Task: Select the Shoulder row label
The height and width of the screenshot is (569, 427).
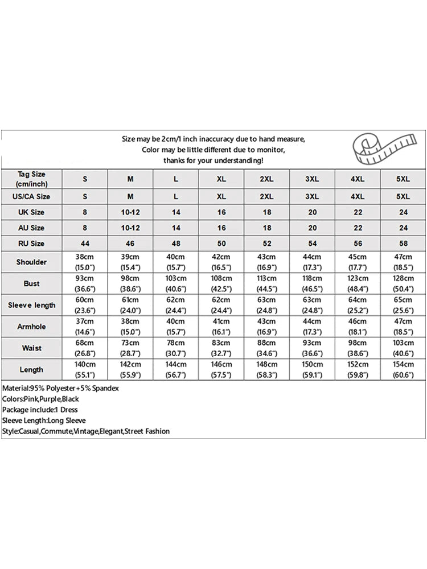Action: point(32,262)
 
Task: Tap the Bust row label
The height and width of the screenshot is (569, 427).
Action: point(32,283)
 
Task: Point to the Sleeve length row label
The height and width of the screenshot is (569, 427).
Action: point(32,305)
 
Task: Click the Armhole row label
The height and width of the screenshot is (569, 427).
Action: point(32,327)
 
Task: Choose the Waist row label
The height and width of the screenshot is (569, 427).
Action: point(32,348)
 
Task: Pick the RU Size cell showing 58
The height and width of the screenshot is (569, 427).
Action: point(403,244)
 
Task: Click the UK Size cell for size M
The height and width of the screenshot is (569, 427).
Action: point(130,212)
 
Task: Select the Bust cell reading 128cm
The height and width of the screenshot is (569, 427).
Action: point(403,283)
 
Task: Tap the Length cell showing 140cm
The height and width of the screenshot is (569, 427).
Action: point(85,369)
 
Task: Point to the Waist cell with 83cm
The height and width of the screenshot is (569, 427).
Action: point(221,348)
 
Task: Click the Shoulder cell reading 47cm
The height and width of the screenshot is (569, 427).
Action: point(403,262)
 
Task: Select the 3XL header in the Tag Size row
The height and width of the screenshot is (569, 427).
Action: point(312,179)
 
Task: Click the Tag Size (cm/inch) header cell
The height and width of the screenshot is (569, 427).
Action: point(32,179)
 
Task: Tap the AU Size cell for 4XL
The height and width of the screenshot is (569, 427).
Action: point(358,228)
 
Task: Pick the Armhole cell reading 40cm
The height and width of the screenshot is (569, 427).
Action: point(176,327)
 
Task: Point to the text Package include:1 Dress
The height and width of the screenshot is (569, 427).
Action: point(40,410)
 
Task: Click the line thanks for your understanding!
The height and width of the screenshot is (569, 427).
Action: point(213,160)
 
